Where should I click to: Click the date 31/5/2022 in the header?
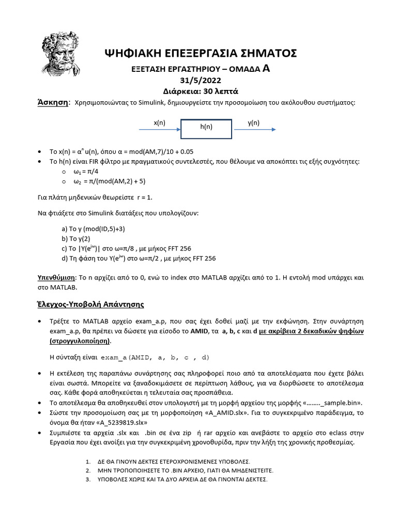(200, 80)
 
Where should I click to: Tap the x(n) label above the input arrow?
(160, 122)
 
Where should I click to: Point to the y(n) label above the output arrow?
(253, 122)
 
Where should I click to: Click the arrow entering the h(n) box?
(159, 130)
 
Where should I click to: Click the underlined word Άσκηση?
(54, 102)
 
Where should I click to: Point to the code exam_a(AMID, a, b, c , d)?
(155, 357)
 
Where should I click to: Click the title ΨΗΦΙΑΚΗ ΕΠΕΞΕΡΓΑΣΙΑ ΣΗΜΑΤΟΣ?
(200, 53)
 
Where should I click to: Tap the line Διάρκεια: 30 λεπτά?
(200, 90)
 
